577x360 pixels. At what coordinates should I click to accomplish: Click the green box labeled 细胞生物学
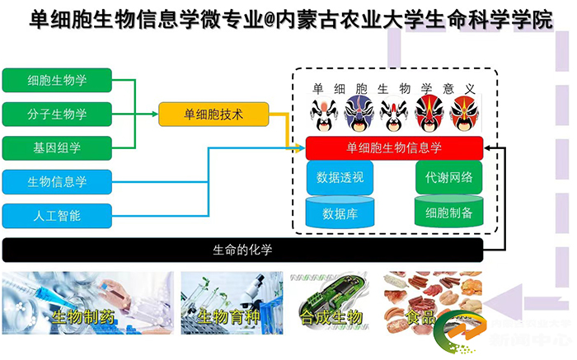57,80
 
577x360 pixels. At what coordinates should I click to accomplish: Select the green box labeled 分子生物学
57,114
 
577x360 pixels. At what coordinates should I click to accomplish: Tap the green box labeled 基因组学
57,147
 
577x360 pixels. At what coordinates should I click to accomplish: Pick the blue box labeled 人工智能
57,216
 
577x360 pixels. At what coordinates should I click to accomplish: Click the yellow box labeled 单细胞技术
213,115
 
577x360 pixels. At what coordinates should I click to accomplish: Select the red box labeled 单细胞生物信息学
394,148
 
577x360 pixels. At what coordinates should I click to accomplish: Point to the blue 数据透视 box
340,177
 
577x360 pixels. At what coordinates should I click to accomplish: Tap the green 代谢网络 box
448,177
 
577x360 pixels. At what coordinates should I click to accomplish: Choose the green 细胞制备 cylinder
448,212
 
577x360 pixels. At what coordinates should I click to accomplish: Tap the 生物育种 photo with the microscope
232,303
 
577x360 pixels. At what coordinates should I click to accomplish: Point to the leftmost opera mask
321,113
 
